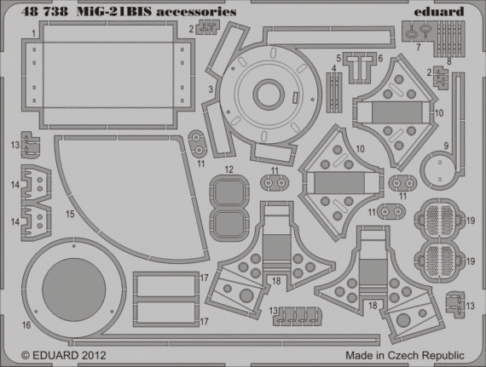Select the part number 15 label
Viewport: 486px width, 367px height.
[x=69, y=215]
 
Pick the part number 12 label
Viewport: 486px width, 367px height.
[x=228, y=169]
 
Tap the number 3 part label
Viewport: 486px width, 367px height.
[x=209, y=89]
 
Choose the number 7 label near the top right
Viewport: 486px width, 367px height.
[x=418, y=46]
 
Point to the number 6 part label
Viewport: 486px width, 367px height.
[x=380, y=58]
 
